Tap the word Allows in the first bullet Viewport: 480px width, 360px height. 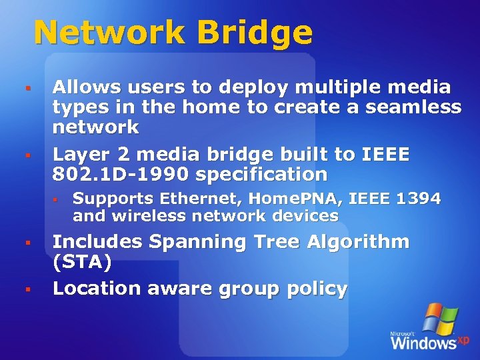pyautogui.click(x=84, y=87)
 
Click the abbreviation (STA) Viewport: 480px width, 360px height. pyautogui.click(x=82, y=261)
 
